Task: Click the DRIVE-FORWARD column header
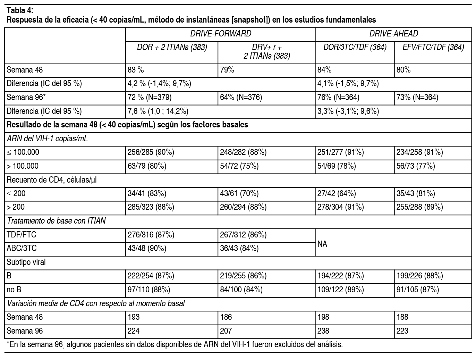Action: [220, 34]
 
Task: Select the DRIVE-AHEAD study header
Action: [393, 34]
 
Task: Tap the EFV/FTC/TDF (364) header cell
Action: [433, 47]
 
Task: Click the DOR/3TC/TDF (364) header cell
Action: [355, 47]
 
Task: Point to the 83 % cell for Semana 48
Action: [136, 70]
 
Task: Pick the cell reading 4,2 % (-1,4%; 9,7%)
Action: [160, 84]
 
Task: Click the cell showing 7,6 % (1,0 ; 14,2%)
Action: [158, 111]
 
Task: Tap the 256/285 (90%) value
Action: [151, 152]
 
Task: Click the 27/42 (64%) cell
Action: [337, 193]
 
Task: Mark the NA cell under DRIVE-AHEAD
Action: [322, 244]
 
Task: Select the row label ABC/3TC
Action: [22, 249]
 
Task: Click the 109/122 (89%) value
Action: [340, 290]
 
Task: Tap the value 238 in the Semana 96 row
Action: [323, 331]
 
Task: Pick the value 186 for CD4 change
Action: [226, 317]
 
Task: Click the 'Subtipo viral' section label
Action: [26, 262]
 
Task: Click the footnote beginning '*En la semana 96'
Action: [175, 345]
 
